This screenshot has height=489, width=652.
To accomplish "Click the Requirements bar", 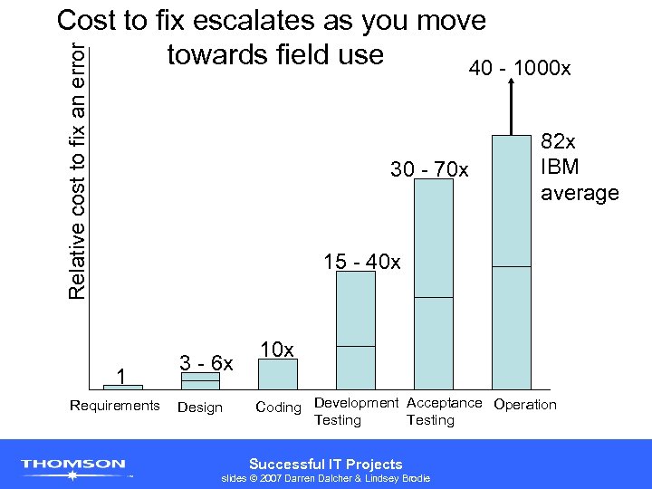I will tap(116, 387).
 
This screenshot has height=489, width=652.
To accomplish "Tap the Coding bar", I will tap(278, 373).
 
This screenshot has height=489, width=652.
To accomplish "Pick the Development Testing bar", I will tap(355, 330).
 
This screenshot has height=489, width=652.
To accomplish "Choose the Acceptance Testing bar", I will tap(433, 283).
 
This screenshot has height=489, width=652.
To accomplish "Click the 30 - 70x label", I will tap(429, 169).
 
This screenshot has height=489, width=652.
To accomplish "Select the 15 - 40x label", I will tap(362, 263).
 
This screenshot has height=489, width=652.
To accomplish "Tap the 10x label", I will tap(276, 350).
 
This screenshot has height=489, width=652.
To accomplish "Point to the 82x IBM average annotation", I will tap(579, 168).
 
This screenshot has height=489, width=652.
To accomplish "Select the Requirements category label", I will tap(114, 405).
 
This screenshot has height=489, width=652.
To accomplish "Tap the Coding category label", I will tap(278, 407).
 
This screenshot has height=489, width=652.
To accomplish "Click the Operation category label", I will tap(525, 404).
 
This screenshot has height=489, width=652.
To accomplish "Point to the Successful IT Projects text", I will tap(325, 464).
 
